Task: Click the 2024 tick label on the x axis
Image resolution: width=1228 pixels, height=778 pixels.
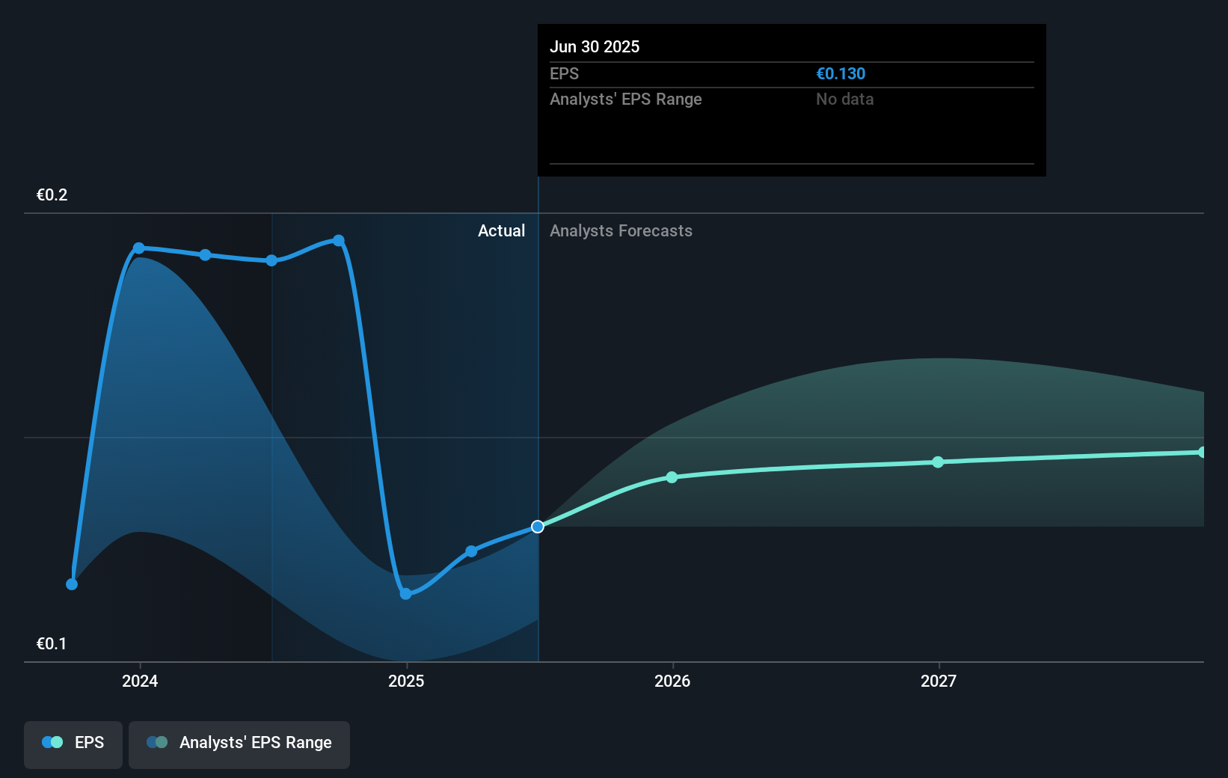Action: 140,681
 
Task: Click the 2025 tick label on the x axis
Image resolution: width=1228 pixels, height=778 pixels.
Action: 406,681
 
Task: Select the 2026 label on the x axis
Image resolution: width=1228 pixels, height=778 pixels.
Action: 672,681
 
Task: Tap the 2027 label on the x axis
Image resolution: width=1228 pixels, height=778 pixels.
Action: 939,681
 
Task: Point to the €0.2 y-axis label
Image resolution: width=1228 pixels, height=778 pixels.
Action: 52,195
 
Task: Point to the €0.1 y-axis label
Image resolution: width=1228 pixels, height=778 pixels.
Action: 52,644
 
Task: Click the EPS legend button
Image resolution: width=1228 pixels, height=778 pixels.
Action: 73,744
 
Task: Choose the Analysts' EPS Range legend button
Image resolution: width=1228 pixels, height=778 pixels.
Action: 239,744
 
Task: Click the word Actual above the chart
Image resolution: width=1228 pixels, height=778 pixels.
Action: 501,231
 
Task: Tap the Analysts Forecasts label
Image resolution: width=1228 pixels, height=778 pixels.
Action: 621,231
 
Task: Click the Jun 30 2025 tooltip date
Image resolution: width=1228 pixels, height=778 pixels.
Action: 595,47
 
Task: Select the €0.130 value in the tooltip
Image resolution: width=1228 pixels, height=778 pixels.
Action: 841,74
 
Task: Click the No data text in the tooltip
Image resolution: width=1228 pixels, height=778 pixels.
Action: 844,99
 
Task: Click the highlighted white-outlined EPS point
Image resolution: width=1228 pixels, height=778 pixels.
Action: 538,527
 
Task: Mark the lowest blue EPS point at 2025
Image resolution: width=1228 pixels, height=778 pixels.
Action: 405,594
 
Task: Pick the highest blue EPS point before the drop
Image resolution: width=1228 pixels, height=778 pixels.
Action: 339,241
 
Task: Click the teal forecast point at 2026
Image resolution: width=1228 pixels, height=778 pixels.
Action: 672,477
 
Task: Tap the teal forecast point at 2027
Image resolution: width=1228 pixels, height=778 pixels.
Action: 938,462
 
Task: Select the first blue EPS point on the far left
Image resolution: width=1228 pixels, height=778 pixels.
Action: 72,584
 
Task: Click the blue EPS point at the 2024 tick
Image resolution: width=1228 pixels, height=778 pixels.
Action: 139,248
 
